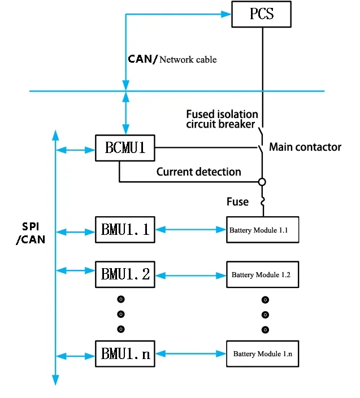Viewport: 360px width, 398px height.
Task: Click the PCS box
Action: tap(262, 13)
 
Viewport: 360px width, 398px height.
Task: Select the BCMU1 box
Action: tap(125, 148)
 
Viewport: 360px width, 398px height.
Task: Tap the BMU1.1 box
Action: tap(125, 230)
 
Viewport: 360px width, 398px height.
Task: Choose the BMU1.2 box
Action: tap(125, 274)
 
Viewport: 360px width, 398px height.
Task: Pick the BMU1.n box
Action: tap(125, 355)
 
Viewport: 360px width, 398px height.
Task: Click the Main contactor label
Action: tap(305, 147)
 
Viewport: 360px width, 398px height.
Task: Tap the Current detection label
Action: tap(198, 172)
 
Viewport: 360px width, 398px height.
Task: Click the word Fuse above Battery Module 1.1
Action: tap(237, 202)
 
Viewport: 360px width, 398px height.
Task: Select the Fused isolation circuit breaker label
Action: tap(222, 119)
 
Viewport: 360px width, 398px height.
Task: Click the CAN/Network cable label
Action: tap(172, 59)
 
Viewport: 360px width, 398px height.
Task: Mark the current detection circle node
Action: tap(262, 182)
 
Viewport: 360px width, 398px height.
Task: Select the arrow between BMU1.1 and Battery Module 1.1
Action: tap(190, 230)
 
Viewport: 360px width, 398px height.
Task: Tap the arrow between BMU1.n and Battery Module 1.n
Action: tap(190, 354)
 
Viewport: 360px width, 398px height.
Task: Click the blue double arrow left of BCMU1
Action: tap(75, 150)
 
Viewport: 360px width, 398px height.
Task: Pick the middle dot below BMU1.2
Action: tap(120, 314)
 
